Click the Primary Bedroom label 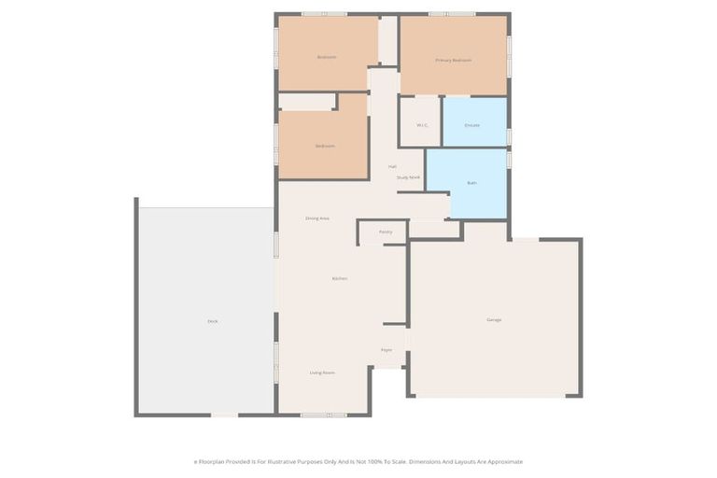pos(453,60)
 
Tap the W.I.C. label pos(422,124)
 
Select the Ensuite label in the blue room pos(471,124)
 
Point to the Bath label pos(471,183)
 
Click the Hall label pos(392,166)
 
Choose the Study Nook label pos(408,176)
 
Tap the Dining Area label pos(317,218)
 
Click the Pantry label pos(386,232)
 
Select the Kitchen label pos(340,278)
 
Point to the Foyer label pos(386,350)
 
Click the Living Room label pos(322,373)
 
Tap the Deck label pos(213,321)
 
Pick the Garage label pos(494,320)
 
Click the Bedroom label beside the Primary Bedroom pos(326,57)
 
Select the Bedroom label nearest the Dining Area pos(325,146)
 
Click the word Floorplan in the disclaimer pos(214,461)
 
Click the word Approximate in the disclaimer pos(503,461)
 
